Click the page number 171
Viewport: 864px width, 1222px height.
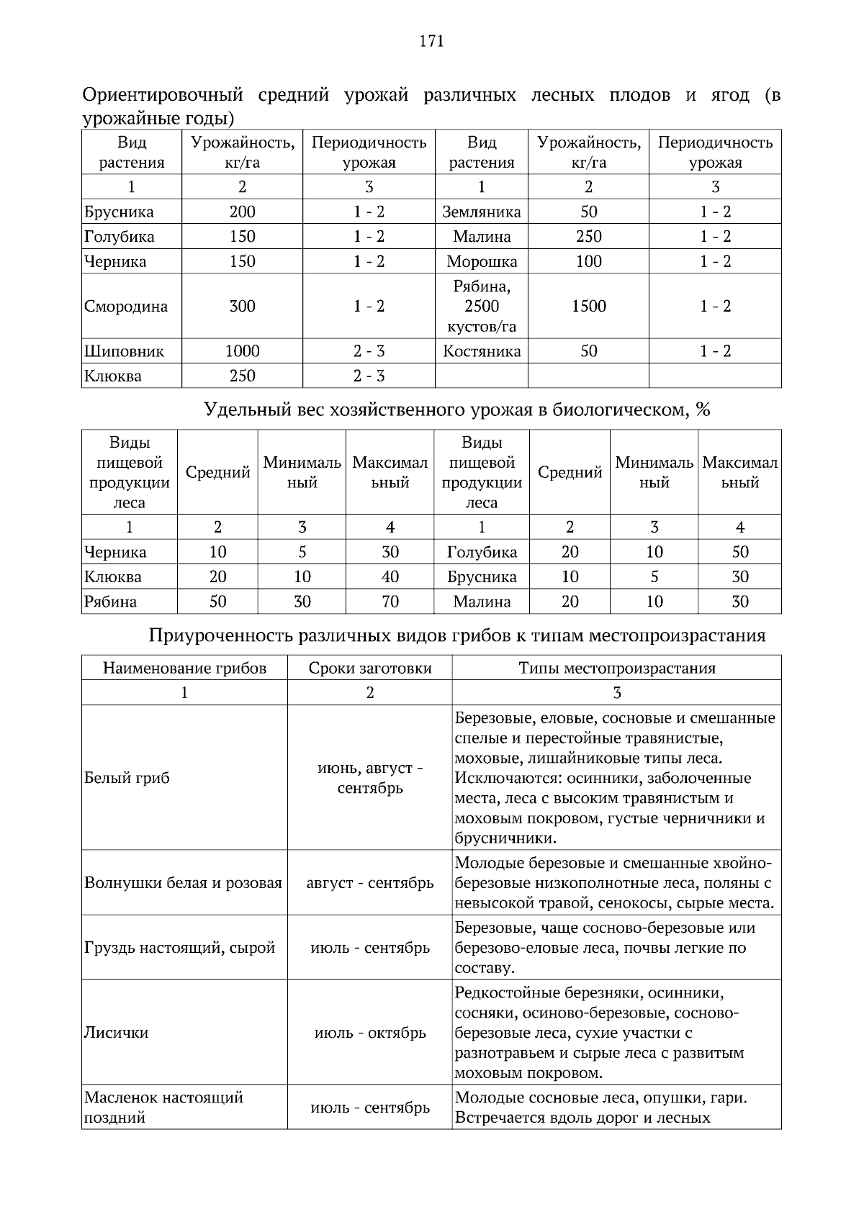431,41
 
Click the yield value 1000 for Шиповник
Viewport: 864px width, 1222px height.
242,351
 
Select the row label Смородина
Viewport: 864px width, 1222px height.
126,307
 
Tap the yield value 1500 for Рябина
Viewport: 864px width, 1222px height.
588,307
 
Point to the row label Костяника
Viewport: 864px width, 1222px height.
482,351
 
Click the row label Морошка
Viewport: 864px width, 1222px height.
482,261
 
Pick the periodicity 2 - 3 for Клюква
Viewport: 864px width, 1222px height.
369,376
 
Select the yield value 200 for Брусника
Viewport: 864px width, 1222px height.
242,212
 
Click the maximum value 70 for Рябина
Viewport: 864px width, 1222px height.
390,602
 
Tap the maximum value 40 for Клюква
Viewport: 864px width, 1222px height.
390,577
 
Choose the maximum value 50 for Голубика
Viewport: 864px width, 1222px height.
739,552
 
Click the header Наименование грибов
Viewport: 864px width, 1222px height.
184,668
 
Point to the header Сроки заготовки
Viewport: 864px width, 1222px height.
370,668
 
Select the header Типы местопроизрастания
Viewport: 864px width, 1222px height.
617,668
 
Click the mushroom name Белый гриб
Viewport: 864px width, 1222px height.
127,778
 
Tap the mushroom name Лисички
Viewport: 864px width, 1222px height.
117,1033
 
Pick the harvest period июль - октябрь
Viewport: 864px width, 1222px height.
370,1033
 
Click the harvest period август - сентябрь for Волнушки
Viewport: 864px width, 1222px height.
370,883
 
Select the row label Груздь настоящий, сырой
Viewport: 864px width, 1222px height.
180,948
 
